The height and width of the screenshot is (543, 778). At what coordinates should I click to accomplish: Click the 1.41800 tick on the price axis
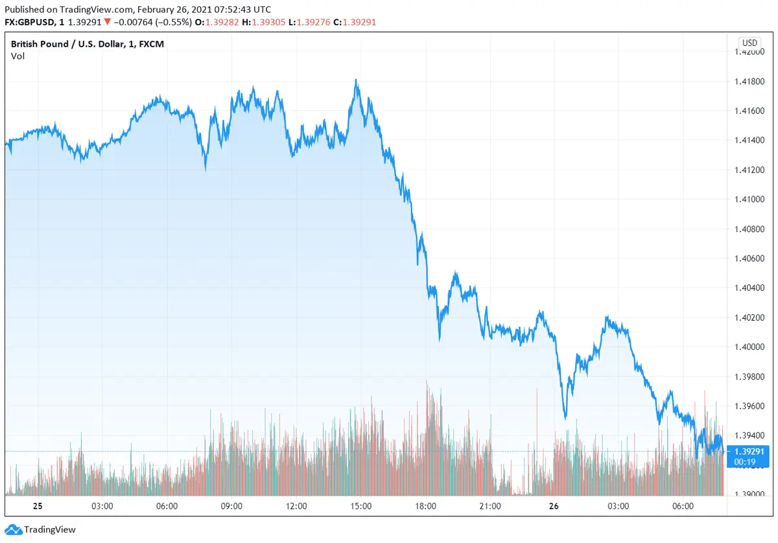749,82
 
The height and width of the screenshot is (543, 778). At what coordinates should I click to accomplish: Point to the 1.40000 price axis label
749,347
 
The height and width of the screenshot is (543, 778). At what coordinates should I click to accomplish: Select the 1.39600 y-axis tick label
749,406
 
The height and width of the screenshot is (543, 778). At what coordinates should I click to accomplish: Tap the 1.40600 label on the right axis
749,259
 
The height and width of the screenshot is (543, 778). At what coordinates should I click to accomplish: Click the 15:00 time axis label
361,506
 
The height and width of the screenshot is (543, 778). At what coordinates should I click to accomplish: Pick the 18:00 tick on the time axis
425,506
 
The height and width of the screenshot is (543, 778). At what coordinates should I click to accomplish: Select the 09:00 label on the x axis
231,506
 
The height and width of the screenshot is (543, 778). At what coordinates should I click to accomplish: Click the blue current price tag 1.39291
749,451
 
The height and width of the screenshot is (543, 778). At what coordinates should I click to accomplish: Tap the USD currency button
748,43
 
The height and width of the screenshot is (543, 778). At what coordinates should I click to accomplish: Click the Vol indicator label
18,56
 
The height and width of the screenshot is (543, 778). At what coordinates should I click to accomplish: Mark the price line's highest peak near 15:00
356,80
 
